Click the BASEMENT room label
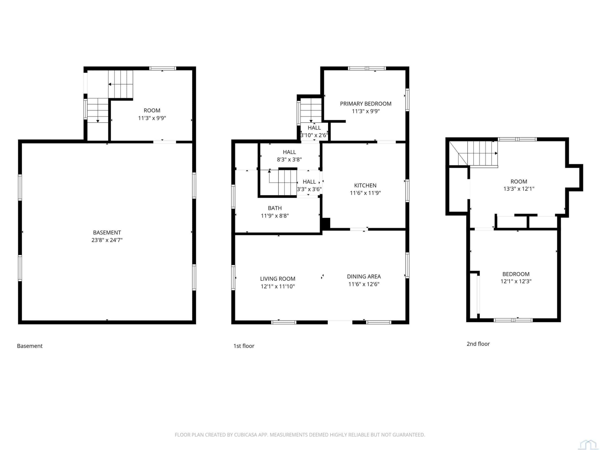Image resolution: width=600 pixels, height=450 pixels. point(107,232)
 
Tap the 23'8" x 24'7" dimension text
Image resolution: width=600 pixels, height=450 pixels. point(107,240)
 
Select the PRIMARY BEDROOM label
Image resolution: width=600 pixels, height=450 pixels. point(366,104)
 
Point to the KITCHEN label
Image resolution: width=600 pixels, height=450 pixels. point(365,186)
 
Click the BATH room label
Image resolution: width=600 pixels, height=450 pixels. point(275,208)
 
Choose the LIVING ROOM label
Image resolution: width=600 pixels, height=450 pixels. point(278,279)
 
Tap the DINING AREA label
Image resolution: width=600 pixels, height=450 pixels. point(364,277)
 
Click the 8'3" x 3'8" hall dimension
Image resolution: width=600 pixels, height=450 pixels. point(289,160)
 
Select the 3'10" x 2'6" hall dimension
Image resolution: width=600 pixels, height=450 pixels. point(314,135)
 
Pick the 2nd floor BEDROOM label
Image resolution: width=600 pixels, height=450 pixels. point(516,274)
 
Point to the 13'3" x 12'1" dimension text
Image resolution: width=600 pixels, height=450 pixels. point(519,189)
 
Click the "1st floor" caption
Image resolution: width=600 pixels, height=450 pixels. point(244,346)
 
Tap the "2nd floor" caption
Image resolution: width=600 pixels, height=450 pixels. point(478,344)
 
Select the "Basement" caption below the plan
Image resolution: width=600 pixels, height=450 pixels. point(30,346)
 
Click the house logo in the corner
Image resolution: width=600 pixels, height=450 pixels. point(588,444)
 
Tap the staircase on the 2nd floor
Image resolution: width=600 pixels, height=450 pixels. point(473,153)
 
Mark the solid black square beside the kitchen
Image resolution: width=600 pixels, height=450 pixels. point(326,224)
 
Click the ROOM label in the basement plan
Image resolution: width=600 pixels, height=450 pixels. point(152,110)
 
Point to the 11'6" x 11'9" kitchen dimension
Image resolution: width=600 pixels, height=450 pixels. point(365,193)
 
